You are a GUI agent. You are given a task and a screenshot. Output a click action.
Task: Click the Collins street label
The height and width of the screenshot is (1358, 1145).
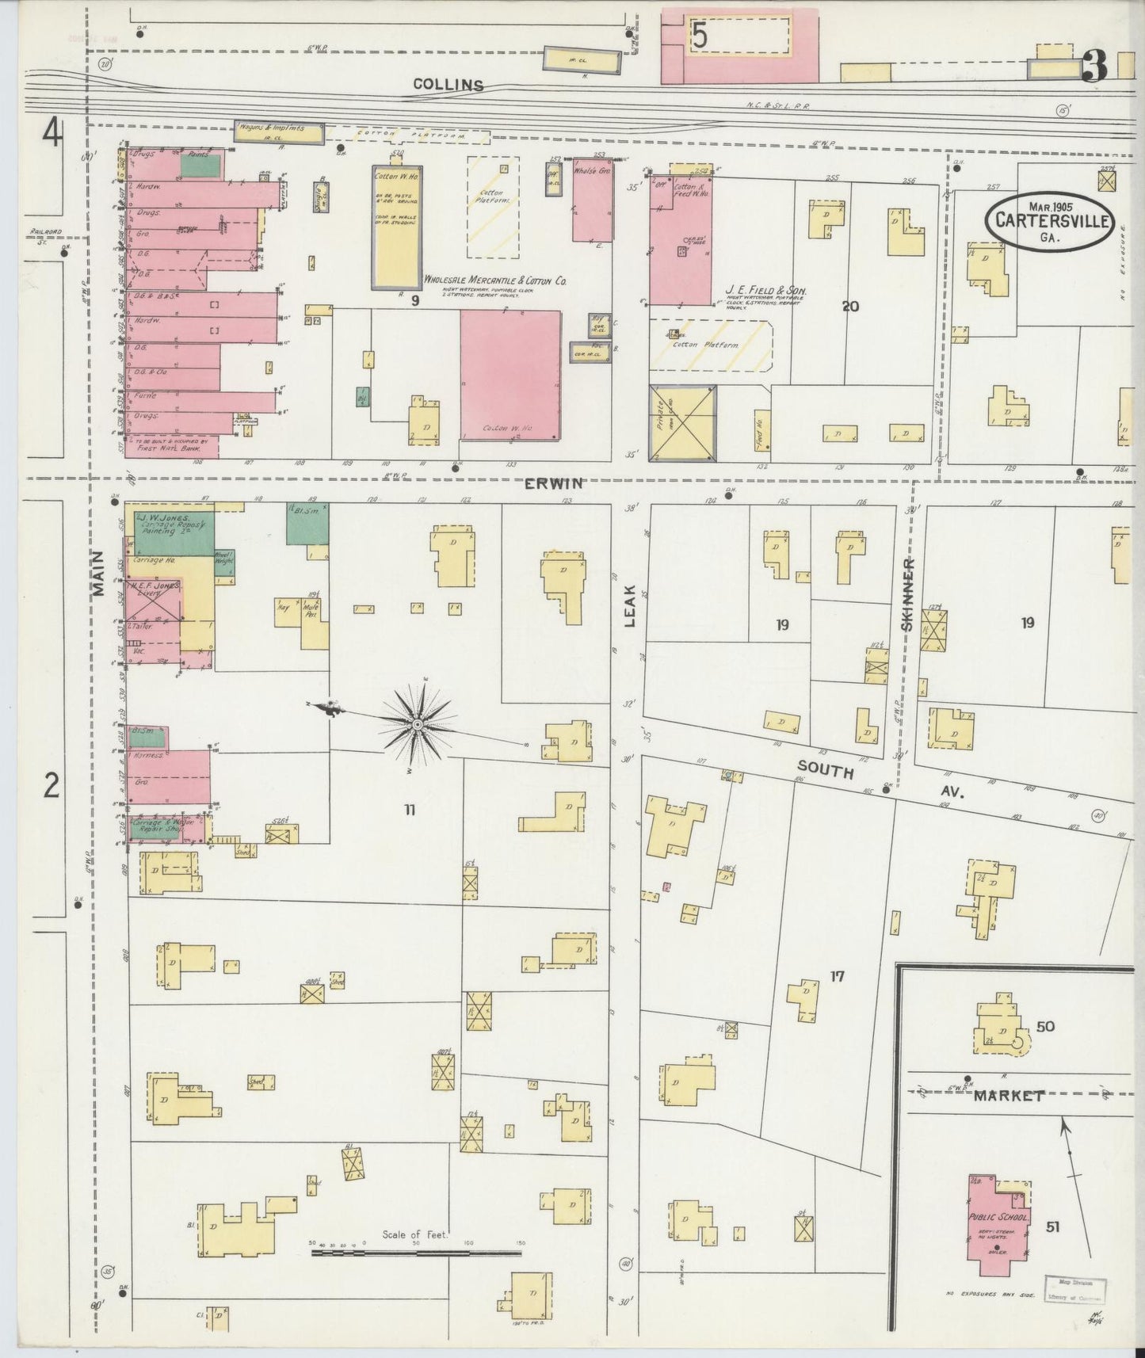tap(448, 85)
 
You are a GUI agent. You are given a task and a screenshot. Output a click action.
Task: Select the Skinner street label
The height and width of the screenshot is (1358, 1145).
tap(907, 594)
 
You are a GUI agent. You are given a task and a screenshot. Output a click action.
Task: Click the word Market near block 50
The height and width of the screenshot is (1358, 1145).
tap(1009, 1096)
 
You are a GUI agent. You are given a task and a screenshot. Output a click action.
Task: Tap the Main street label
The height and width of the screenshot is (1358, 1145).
tap(98, 572)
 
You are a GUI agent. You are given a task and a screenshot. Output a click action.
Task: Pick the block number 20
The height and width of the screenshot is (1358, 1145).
tap(850, 307)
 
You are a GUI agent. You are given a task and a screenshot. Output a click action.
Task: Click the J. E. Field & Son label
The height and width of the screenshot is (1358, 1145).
tap(765, 292)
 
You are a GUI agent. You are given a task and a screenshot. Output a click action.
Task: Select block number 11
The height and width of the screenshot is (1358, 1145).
tap(410, 810)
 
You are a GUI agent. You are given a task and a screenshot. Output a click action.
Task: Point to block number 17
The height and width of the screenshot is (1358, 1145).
tap(837, 977)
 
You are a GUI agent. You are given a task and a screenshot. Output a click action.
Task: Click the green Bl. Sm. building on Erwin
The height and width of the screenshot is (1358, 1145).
tap(307, 523)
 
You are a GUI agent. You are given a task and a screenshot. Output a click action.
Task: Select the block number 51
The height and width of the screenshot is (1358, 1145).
tap(1052, 1226)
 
